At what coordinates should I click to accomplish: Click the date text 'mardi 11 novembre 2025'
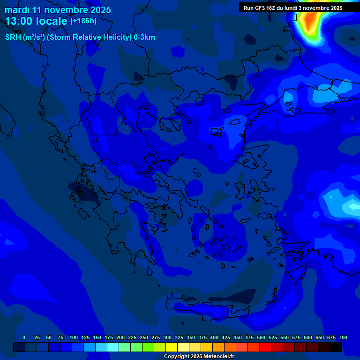[x=58, y=10]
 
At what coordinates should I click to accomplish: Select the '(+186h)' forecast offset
[x=83, y=21]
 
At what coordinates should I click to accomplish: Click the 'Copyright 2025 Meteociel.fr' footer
[x=199, y=357]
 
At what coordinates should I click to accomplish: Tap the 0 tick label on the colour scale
[x=24, y=337]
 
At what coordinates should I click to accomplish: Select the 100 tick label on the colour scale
[x=73, y=337]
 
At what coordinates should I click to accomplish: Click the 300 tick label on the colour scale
[x=167, y=337]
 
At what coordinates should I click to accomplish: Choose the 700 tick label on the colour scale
[x=343, y=337]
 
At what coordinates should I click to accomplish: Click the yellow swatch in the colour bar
[x=172, y=347]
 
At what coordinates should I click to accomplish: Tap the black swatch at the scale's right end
[x=336, y=347]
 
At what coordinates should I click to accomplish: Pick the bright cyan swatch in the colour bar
[x=113, y=347]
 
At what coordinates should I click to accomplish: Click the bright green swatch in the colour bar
[x=148, y=347]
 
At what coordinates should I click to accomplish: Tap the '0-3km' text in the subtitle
[x=144, y=37]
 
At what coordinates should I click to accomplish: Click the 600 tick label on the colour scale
[x=308, y=337]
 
